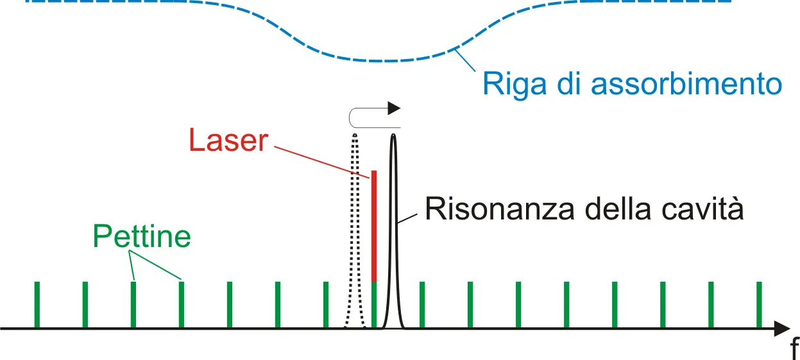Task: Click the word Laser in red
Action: pyautogui.click(x=228, y=140)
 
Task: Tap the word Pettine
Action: pyautogui.click(x=142, y=236)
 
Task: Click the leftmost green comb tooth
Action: pyautogui.click(x=37, y=305)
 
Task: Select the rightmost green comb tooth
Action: pyautogui.click(x=759, y=305)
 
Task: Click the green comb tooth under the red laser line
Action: pyautogui.click(x=374, y=305)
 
